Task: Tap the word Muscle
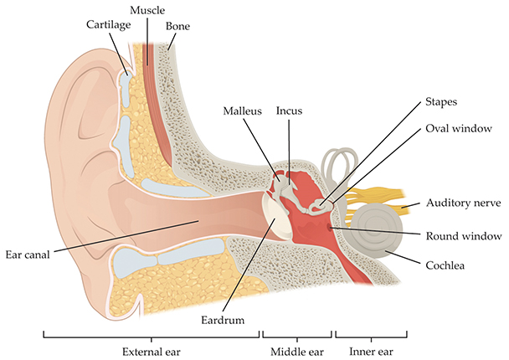point(147,9)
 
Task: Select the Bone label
point(177,26)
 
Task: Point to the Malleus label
point(243,110)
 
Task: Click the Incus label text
point(289,110)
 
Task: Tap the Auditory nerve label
point(463,203)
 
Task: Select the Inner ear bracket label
point(372,350)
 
